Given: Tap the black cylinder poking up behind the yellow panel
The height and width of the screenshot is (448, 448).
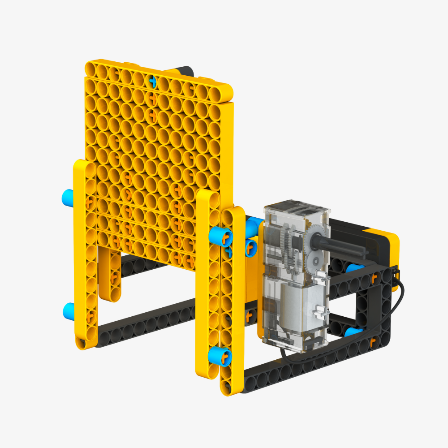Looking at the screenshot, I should point(184,71).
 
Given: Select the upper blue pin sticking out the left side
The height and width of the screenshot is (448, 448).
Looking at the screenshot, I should point(68,196).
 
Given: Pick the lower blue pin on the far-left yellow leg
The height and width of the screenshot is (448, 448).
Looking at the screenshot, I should point(69,309).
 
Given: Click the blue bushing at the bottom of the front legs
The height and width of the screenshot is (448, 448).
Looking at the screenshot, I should point(220,356).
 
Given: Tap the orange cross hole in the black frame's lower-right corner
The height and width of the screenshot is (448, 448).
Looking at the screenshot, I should point(371,343).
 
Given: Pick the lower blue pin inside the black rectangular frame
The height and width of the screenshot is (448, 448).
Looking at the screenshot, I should point(354,332).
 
